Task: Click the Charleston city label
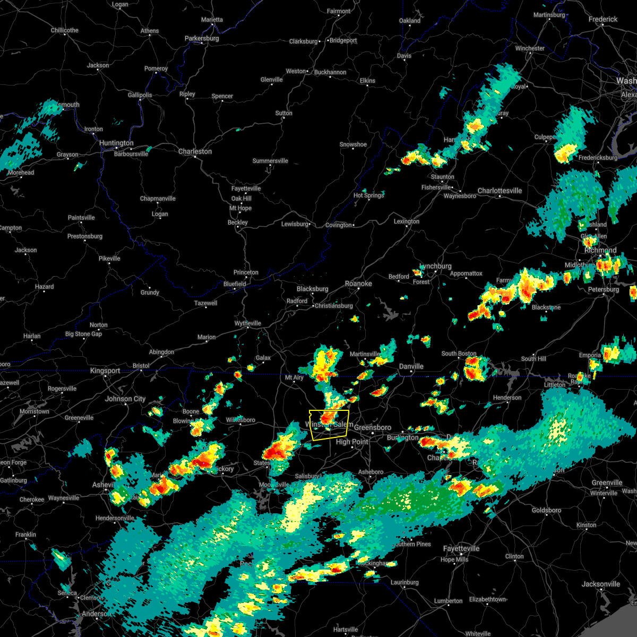pos(195,151)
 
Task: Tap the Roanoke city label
pos(358,283)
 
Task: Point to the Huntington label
pos(116,143)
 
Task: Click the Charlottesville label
pos(500,191)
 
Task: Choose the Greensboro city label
pos(373,427)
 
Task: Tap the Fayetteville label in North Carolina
pos(461,548)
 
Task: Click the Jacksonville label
pos(600,584)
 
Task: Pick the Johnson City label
pos(125,399)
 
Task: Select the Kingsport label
pos(105,371)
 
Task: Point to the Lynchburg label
pos(436,266)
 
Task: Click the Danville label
pos(411,366)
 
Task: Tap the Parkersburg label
pos(202,38)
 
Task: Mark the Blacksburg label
pos(312,289)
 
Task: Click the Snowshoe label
pos(353,144)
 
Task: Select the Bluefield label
pos(235,284)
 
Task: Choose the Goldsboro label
pos(546,510)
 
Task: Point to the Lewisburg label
pos(295,224)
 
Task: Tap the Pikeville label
pos(109,259)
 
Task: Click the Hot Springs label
pos(368,195)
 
